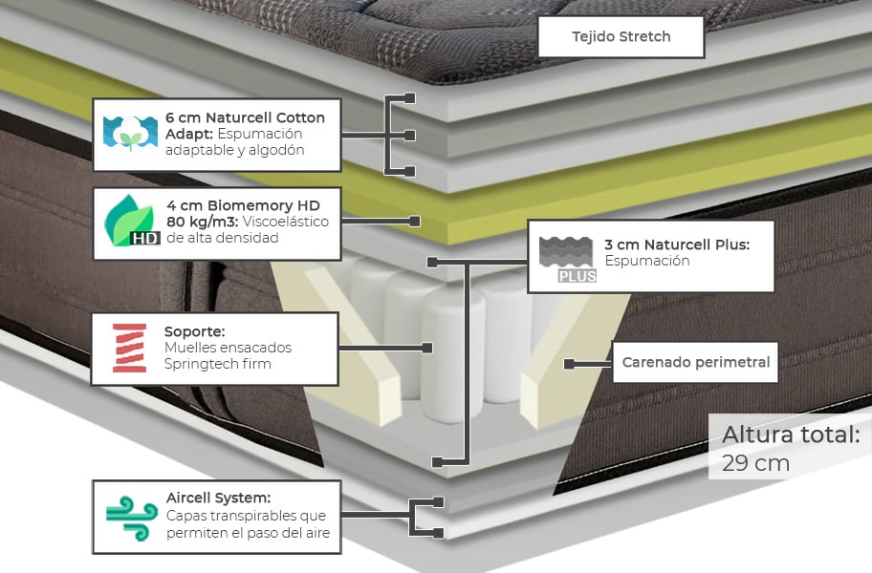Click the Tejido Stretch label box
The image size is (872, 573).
(x=621, y=37)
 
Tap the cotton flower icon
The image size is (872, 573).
(x=130, y=135)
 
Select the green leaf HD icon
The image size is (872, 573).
(x=130, y=222)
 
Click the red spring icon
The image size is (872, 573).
(x=129, y=348)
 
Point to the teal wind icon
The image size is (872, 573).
(x=131, y=519)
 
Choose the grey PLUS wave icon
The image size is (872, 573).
(x=567, y=259)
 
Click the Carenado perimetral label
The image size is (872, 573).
(x=695, y=363)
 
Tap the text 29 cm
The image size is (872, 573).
(x=755, y=463)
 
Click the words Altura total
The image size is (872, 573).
(x=790, y=435)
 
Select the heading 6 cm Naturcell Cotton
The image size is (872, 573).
(x=245, y=117)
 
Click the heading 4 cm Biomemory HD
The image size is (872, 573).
(x=243, y=205)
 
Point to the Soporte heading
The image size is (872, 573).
(x=194, y=331)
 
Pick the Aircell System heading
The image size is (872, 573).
(x=218, y=498)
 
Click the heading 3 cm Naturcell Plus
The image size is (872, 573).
(x=676, y=244)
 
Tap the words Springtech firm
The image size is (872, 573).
(x=218, y=364)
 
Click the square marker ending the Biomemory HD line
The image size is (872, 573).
(x=415, y=222)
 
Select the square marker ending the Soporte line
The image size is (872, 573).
(x=427, y=348)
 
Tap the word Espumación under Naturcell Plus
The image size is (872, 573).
(x=646, y=261)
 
